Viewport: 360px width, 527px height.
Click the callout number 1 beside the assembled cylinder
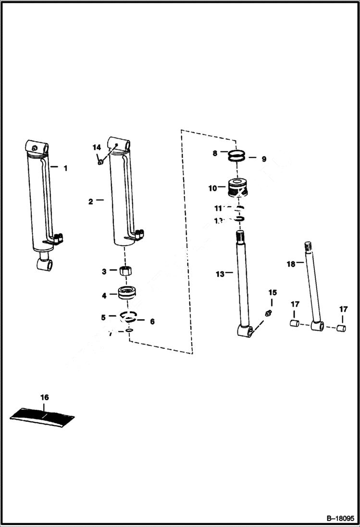pos(65,168)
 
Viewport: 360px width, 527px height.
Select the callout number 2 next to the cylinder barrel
pos(90,202)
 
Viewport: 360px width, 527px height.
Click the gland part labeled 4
pos(127,294)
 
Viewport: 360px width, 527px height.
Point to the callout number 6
pos(152,322)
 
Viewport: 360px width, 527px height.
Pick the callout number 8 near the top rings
pos(215,153)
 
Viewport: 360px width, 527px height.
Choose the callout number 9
pos(263,159)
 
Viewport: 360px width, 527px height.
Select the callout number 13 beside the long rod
pos(220,274)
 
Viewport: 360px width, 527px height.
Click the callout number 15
pos(272,292)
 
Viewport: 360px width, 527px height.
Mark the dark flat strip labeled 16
pos(44,415)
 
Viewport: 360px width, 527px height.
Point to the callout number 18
pos(291,264)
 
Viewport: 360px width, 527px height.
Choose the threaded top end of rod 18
pos(310,247)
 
